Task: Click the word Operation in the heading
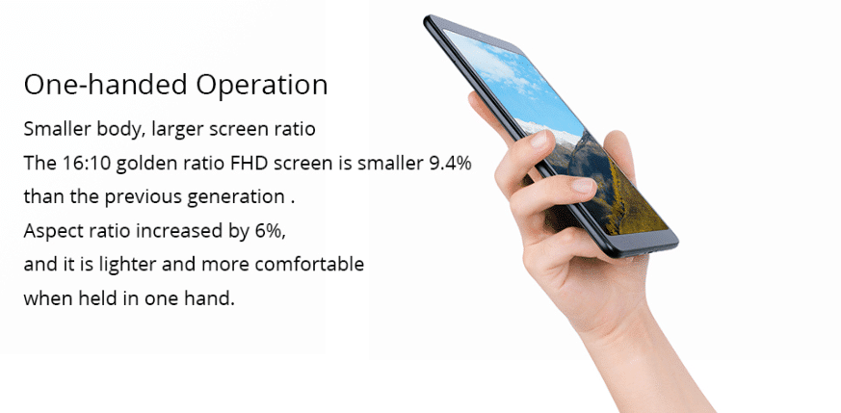coord(261,85)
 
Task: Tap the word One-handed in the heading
coord(106,85)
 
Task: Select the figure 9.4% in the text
coord(450,163)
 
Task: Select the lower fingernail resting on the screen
coord(583,186)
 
